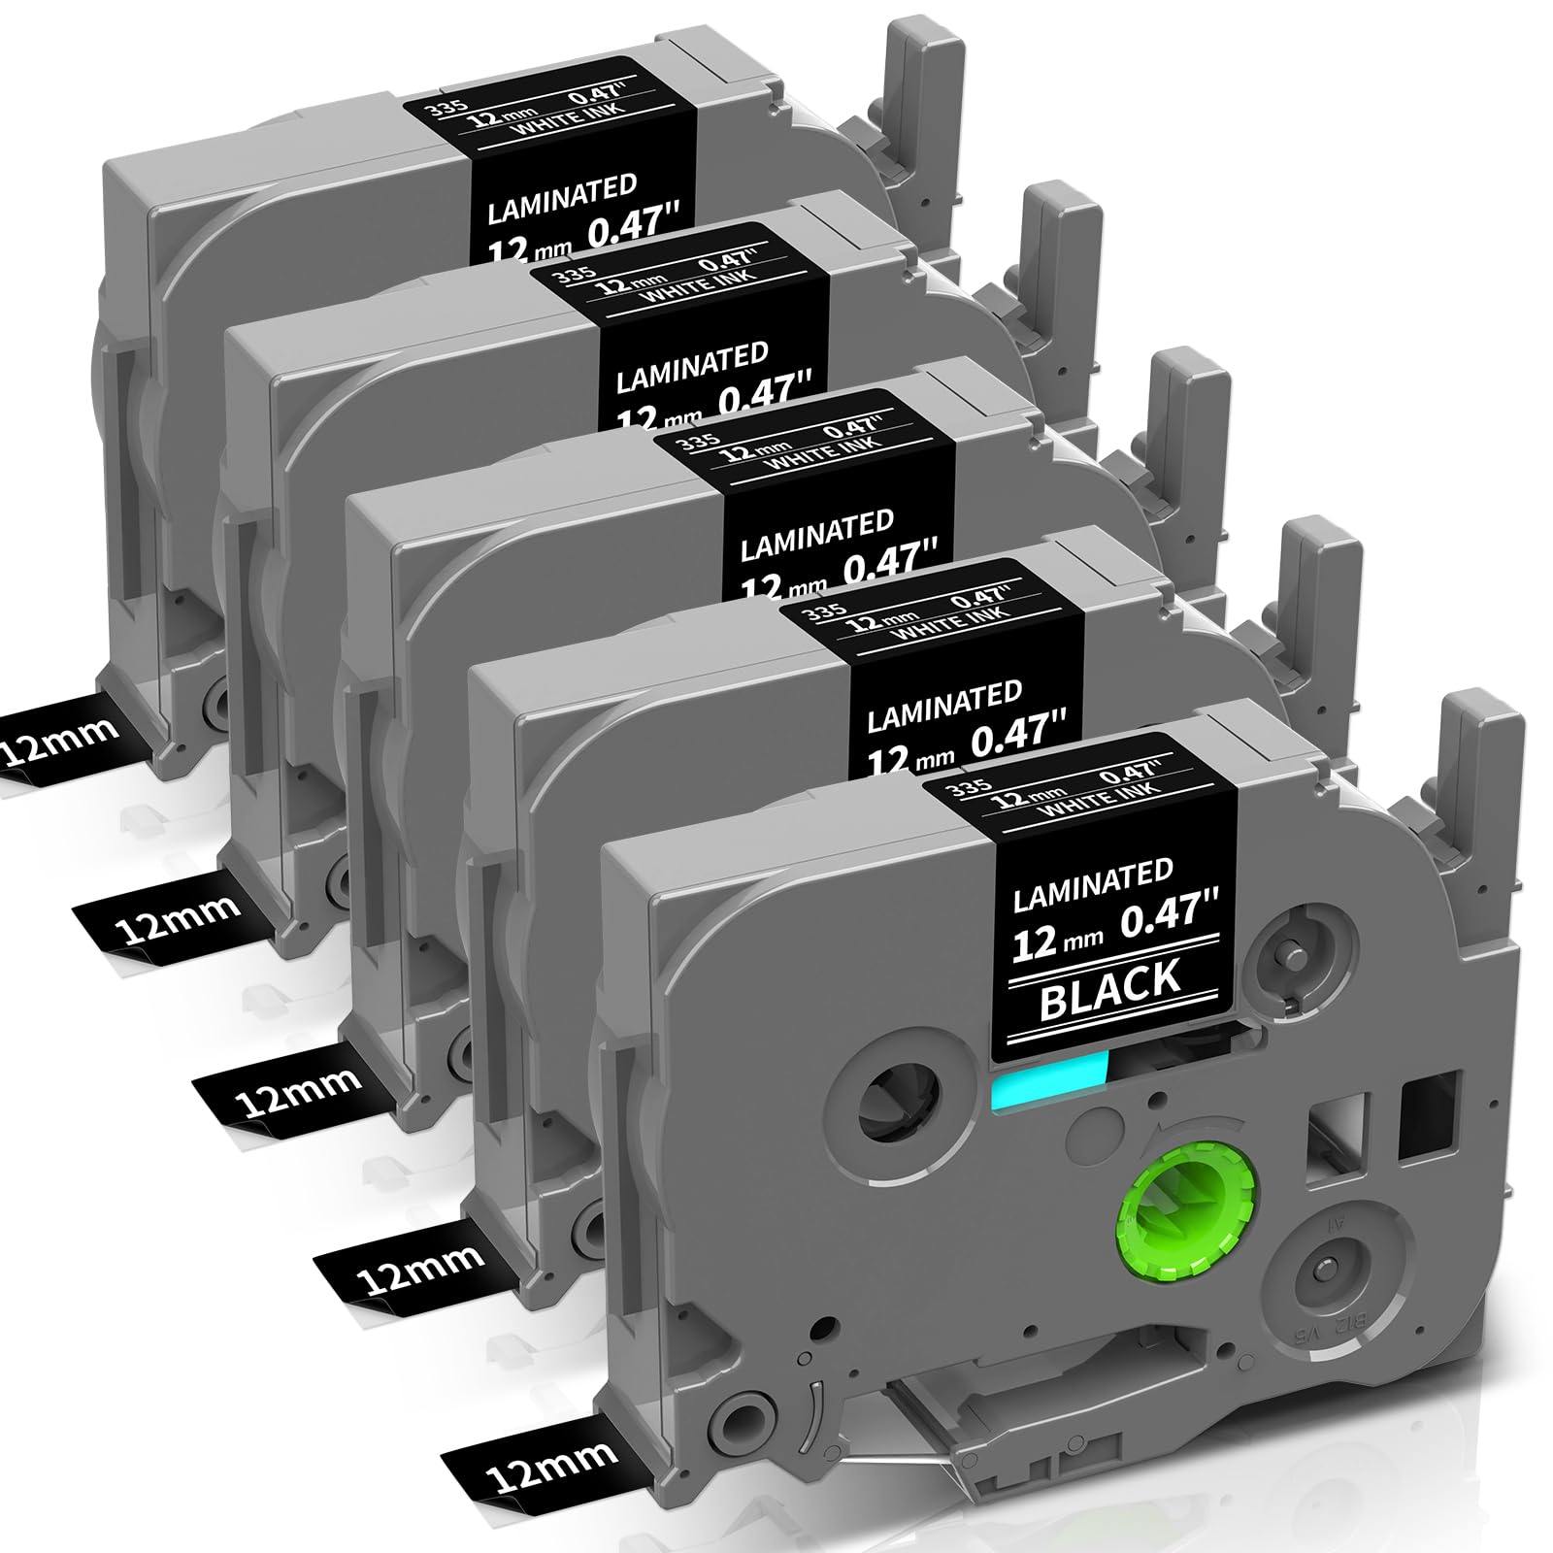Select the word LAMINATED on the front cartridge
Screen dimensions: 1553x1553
click(1093, 885)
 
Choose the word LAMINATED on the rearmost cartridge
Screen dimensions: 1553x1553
click(562, 199)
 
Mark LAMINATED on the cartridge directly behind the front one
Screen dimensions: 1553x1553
click(944, 706)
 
